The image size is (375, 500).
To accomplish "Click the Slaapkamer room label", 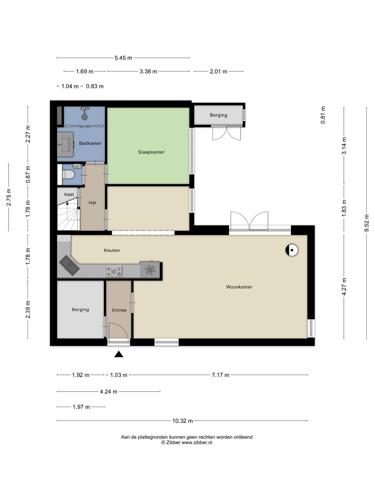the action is pos(151,152).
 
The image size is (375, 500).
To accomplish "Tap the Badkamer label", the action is pos(90,143).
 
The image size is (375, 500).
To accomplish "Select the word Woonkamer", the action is pos(239,287).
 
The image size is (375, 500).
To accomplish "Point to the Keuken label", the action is pos(112,250).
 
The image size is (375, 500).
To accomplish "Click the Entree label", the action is pos(119,310).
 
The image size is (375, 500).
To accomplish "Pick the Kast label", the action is pos(69,194).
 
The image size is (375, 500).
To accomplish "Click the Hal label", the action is pos(92,203).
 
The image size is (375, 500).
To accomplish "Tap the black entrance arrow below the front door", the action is pos(119,354).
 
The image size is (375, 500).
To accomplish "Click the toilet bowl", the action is pos(68,175).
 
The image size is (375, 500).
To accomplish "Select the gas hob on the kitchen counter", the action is pos(114,271).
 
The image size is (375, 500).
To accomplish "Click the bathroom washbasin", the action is pos(66,144).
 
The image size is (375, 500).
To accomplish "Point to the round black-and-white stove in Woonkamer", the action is pos(292,250).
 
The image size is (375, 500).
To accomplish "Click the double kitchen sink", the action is pos(69,265).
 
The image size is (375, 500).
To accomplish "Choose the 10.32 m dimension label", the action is pos(182,421).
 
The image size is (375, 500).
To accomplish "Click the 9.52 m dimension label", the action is pos(366,223).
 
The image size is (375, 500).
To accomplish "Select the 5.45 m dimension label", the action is pos(123,58).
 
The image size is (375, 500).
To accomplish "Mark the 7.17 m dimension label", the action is pos(220,375).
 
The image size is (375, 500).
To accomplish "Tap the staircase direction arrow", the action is pos(67,203).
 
